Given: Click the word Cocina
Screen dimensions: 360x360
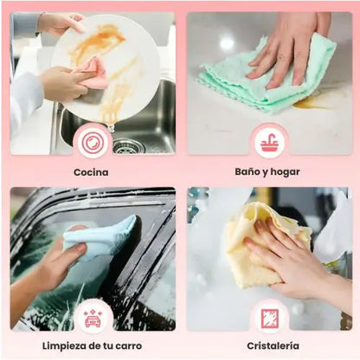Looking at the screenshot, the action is pyautogui.click(x=91, y=172).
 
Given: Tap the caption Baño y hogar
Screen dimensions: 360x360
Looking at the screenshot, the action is pyautogui.click(x=267, y=172).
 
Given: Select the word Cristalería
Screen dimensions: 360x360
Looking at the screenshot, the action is pyautogui.click(x=273, y=346).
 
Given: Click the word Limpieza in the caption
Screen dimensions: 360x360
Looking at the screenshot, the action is pyautogui.click(x=64, y=346).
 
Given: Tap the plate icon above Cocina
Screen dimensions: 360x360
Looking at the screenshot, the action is pyautogui.click(x=93, y=141).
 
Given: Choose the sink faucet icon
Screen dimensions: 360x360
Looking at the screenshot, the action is pyautogui.click(x=269, y=142).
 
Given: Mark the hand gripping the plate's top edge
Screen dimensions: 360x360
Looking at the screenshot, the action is pyautogui.click(x=59, y=23).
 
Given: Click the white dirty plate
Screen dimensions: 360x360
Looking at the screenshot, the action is pyautogui.click(x=106, y=68).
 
